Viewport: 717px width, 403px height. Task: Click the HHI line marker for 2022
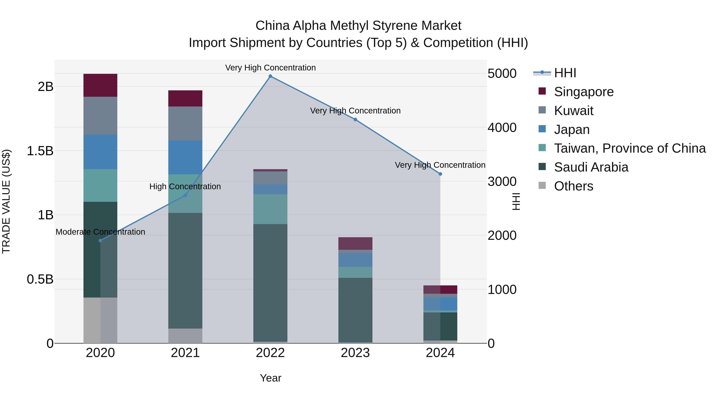(270, 76)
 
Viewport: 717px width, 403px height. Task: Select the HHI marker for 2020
(101, 241)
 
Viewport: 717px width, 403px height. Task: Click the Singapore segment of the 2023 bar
(355, 243)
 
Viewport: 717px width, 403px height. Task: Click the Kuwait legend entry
(573, 111)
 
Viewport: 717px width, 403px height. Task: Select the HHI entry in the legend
(565, 73)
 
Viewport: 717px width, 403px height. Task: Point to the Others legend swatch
(542, 185)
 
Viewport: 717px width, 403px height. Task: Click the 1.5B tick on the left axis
(40, 151)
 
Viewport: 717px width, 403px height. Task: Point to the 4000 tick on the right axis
(502, 128)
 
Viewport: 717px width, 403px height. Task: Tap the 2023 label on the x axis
(355, 353)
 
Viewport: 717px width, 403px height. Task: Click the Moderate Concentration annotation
(101, 232)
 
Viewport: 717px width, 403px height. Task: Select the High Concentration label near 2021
(185, 186)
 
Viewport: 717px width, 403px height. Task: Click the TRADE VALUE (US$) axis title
(6, 201)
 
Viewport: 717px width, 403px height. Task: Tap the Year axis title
(270, 378)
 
